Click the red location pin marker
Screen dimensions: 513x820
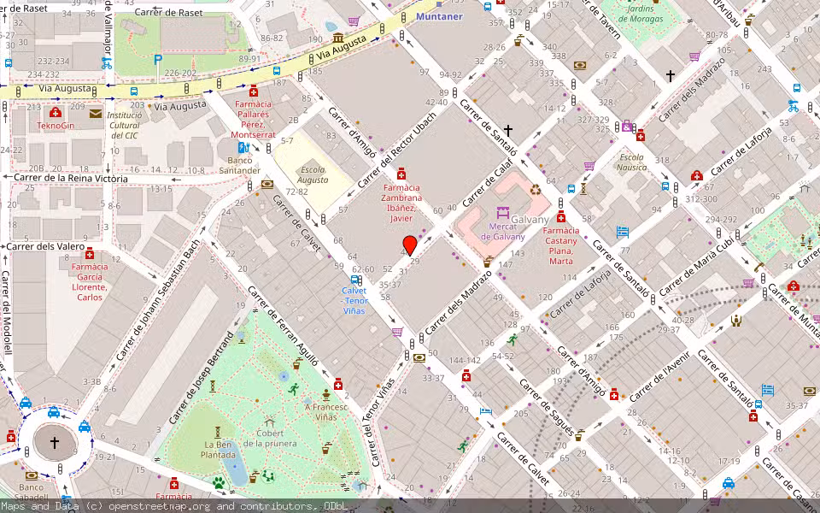410,245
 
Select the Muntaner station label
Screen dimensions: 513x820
439,16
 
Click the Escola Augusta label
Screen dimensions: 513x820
313,175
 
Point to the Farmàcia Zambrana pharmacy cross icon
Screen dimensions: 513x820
401,174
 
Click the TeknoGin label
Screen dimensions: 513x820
56,126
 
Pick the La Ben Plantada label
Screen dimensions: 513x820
220,450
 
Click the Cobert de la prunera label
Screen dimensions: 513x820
270,438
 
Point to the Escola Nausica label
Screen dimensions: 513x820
632,162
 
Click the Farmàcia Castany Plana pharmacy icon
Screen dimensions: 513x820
561,216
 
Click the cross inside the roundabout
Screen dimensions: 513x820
55,443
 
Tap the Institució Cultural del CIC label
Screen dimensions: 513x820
125,125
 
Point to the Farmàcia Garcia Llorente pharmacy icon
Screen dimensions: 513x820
90,253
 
